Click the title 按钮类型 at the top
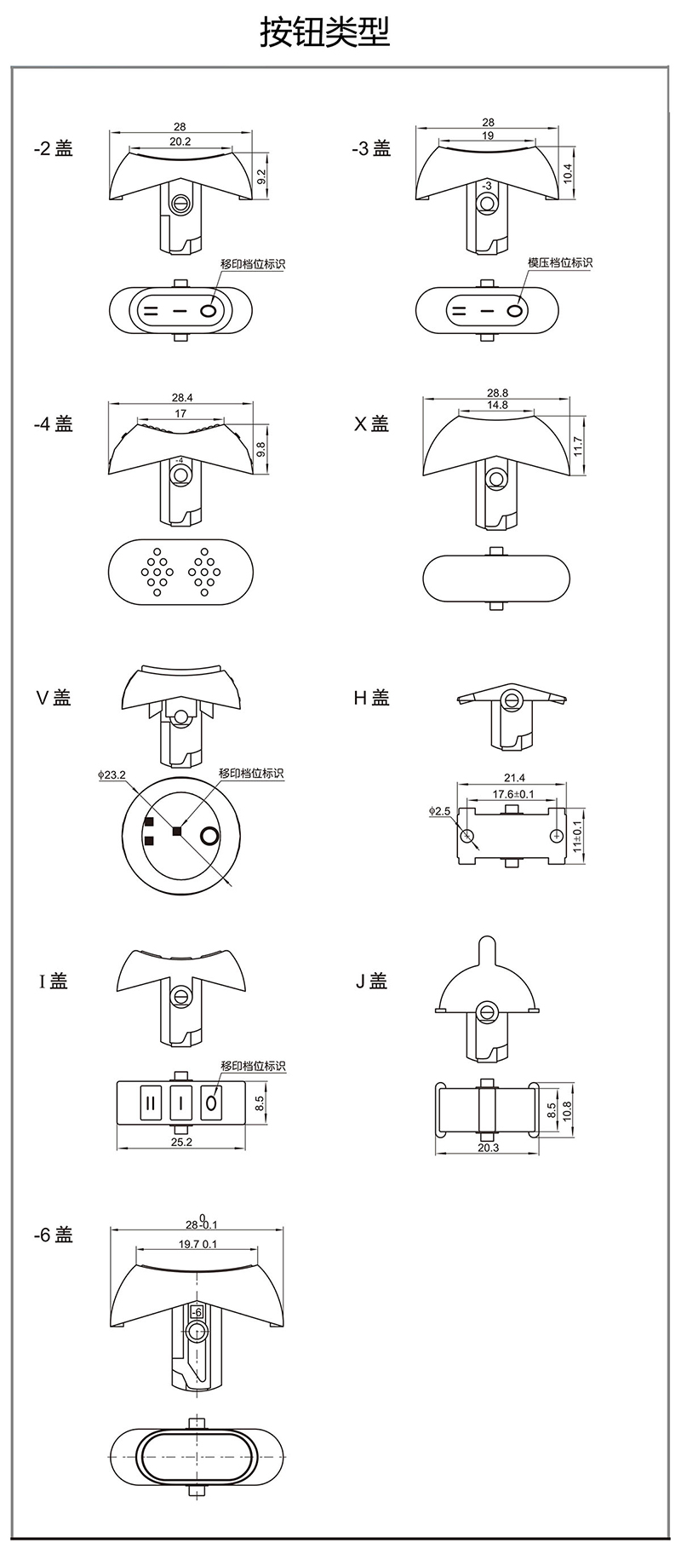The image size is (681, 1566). pyautogui.click(x=325, y=33)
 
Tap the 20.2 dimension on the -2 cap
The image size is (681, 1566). pyautogui.click(x=180, y=141)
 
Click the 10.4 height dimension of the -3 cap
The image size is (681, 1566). pyautogui.click(x=568, y=173)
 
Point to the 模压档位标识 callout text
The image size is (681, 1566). pyautogui.click(x=559, y=262)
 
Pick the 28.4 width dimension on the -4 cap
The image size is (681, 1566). pyautogui.click(x=181, y=397)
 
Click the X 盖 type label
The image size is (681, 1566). pyautogui.click(x=371, y=423)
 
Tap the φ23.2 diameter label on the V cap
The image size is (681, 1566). pyautogui.click(x=112, y=775)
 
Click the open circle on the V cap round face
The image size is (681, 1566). pyautogui.click(x=209, y=836)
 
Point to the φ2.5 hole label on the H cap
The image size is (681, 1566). pyautogui.click(x=440, y=810)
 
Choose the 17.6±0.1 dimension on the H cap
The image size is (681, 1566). pyautogui.click(x=513, y=794)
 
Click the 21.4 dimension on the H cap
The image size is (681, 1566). pyautogui.click(x=514, y=777)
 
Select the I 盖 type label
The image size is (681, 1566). pyautogui.click(x=52, y=982)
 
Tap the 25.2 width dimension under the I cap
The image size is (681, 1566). pyautogui.click(x=181, y=1142)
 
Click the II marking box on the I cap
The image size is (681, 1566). pyautogui.click(x=151, y=1103)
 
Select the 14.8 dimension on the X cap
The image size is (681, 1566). pyautogui.click(x=497, y=405)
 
